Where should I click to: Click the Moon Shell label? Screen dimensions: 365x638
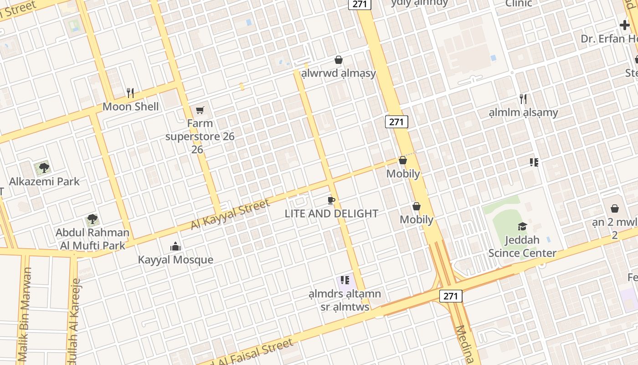131,107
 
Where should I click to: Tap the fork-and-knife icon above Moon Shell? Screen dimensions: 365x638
130,93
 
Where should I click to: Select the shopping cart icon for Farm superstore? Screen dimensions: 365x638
200,110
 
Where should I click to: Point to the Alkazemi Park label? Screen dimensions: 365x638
44,182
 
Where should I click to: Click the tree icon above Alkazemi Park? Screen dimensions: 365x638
44,167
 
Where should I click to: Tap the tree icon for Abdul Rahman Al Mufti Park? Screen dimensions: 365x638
93,219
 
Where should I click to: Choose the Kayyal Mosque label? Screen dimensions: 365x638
175,260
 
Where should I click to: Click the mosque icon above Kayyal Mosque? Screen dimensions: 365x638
175,247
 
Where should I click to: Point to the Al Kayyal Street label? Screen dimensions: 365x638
230,215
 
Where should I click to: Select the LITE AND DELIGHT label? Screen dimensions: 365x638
331,214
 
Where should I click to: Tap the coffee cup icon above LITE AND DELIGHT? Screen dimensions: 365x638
331,200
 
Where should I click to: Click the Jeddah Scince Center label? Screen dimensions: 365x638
522,246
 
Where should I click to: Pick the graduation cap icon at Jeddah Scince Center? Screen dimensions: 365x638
522,226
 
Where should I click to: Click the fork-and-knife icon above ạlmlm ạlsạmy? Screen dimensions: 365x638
523,99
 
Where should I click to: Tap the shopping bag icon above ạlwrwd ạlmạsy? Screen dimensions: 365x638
339,60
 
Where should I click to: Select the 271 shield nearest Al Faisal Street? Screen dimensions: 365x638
451,296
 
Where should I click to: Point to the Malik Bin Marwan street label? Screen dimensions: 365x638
26,315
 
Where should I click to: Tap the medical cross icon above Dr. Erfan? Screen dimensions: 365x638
624,26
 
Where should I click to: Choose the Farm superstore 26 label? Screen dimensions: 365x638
200,136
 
